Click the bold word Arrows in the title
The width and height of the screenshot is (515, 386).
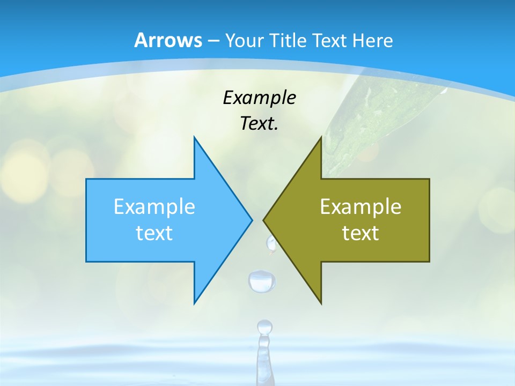click(168, 40)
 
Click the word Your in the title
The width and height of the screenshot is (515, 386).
click(245, 40)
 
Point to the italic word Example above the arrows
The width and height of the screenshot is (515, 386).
click(259, 98)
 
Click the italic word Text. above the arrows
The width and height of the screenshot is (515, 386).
click(259, 123)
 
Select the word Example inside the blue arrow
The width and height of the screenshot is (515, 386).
click(154, 206)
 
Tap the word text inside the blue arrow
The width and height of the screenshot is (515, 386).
click(154, 233)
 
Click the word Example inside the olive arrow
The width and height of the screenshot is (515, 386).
click(360, 206)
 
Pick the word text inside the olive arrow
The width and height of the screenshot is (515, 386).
click(360, 233)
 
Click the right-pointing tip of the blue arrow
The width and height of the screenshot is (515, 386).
click(252, 219)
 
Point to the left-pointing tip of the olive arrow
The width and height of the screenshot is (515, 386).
click(264, 219)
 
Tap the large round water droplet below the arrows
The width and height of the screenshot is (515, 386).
click(261, 280)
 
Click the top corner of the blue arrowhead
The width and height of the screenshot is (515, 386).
click(194, 137)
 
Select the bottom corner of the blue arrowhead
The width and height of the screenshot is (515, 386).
click(194, 303)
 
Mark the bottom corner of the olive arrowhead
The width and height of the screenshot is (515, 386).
click(321, 303)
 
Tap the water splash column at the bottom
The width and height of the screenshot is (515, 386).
click(264, 354)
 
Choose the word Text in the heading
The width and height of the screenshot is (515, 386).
click(330, 40)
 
